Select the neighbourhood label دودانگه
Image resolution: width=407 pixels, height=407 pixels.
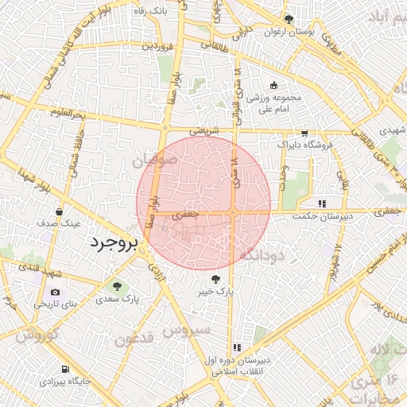point(262,255)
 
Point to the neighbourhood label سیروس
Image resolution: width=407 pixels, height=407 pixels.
point(188,328)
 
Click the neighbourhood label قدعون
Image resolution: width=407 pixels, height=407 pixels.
point(134,340)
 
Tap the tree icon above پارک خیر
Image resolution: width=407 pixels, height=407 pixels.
point(215,279)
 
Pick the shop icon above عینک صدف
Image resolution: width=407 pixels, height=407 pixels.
point(61,211)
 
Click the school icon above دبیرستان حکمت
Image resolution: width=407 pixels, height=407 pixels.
point(321,203)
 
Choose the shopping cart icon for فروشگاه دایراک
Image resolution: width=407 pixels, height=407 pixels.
point(304,134)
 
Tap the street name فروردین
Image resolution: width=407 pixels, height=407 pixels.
point(157,46)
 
